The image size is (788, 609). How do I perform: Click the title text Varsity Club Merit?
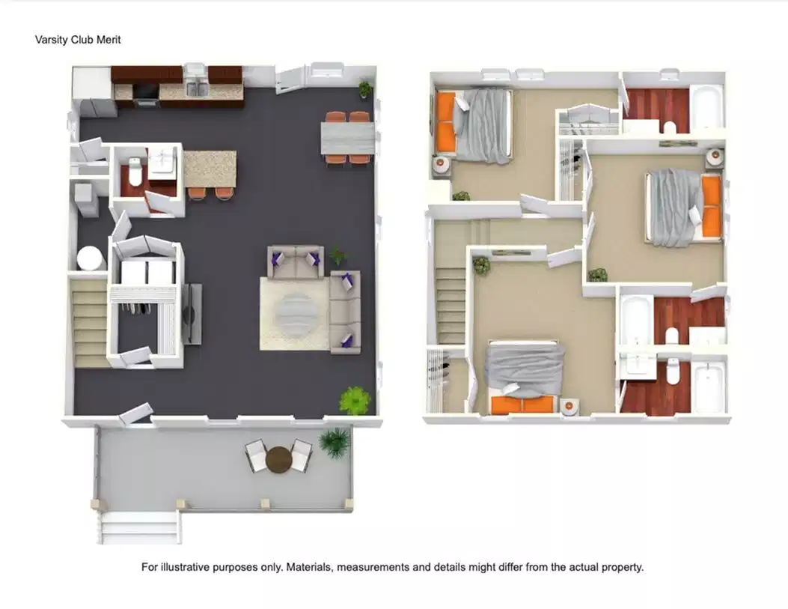78,40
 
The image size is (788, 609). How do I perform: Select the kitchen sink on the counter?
196,89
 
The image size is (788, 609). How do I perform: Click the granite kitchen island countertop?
210,169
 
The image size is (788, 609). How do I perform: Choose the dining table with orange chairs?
347,138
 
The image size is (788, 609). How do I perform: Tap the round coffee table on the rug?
295,312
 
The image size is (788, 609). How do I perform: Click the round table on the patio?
279,458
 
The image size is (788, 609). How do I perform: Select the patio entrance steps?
140,527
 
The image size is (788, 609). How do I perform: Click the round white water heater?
91,258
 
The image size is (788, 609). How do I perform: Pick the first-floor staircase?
89,322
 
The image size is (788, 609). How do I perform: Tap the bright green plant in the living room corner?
354,401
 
